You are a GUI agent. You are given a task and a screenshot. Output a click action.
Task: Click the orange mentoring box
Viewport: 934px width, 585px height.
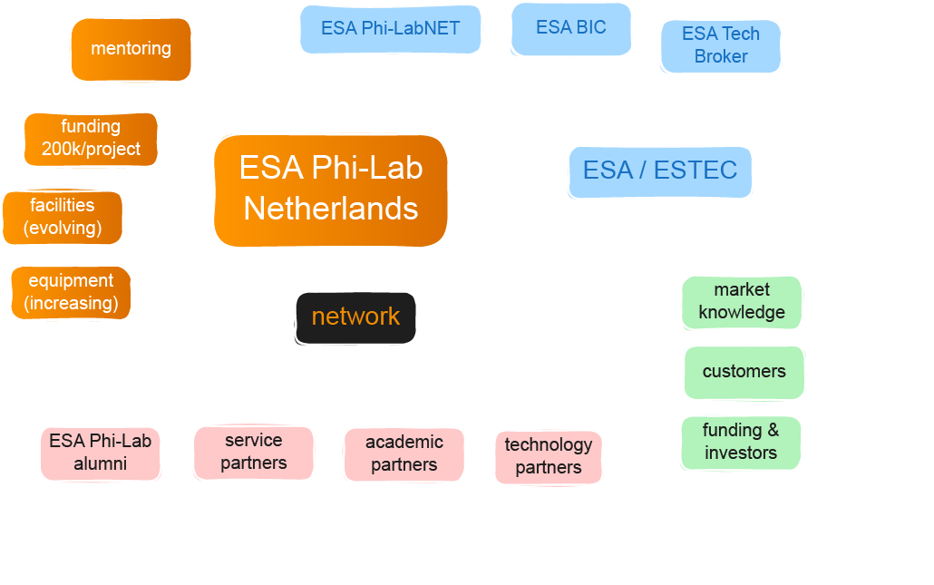pyautogui.click(x=131, y=49)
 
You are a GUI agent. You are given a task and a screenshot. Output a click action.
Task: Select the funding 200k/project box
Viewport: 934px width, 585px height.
pyautogui.click(x=91, y=139)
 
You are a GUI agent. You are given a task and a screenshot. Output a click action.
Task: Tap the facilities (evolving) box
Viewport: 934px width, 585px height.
pyautogui.click(x=63, y=218)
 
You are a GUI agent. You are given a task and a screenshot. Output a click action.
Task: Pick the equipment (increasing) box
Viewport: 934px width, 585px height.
pyautogui.click(x=71, y=293)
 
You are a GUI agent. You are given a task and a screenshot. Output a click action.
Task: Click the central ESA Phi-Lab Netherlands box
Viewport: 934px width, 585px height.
pyautogui.click(x=331, y=190)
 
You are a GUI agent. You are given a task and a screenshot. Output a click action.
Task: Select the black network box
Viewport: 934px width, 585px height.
pyautogui.click(x=355, y=317)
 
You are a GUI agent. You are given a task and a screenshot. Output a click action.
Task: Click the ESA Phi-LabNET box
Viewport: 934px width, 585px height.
pyautogui.click(x=390, y=29)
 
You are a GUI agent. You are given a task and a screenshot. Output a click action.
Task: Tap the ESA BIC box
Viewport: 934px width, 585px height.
pyautogui.click(x=570, y=28)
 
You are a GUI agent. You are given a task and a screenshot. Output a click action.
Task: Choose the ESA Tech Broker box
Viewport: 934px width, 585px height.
pyautogui.click(x=720, y=45)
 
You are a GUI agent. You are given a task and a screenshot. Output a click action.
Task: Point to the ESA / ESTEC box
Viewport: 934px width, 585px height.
pyautogui.click(x=659, y=171)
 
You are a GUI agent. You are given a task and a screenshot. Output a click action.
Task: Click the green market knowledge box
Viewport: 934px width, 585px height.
pyautogui.click(x=742, y=302)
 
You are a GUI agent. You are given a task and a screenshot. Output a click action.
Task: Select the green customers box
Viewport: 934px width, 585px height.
pyautogui.click(x=744, y=372)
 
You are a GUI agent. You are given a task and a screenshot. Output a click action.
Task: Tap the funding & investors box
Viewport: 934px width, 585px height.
pyautogui.click(x=741, y=443)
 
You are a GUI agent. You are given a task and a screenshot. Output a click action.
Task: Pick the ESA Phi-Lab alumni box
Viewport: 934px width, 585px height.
pyautogui.click(x=100, y=453)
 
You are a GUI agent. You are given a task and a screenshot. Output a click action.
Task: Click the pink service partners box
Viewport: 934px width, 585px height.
pyautogui.click(x=253, y=453)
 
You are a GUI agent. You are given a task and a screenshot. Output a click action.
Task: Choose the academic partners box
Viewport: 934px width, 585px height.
pyautogui.click(x=404, y=454)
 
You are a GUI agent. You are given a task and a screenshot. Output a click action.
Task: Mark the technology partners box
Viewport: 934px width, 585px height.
pyautogui.click(x=548, y=457)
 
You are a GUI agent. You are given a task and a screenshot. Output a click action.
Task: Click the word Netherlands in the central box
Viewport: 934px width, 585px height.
pyautogui.click(x=331, y=209)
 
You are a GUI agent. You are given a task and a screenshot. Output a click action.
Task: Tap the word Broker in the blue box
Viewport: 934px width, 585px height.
pyautogui.click(x=721, y=56)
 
